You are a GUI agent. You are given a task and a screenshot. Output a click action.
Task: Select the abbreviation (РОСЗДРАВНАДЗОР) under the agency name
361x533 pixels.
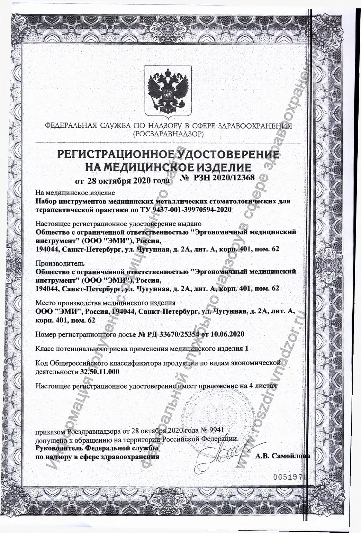click(168, 133)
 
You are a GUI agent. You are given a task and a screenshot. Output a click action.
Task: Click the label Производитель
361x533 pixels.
click(60, 264)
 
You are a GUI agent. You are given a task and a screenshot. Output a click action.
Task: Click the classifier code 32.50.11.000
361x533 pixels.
click(100, 372)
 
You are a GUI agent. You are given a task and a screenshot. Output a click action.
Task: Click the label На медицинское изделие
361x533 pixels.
click(75, 193)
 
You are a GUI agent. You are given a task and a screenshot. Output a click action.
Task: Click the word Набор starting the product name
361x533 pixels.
click(46, 201)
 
